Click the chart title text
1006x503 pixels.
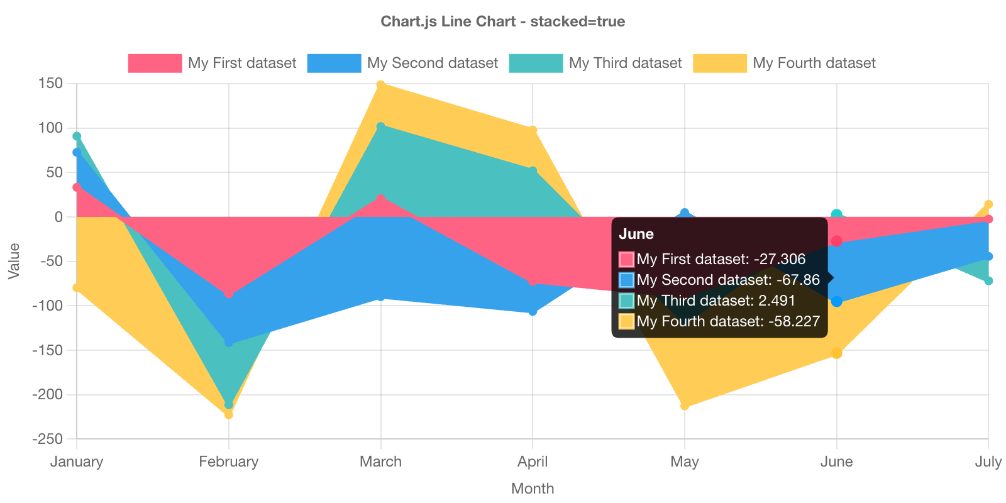pos(502,21)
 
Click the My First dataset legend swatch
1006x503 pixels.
pos(154,63)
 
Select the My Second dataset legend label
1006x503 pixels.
pos(432,63)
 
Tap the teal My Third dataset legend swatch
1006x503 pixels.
pos(535,63)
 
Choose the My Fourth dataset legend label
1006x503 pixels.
pos(814,63)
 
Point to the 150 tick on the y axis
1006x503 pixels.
pos(50,83)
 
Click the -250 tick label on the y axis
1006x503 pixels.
pos(48,439)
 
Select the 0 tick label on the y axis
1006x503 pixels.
pos(58,217)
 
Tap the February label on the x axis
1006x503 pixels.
pos(229,462)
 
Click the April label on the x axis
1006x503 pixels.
pos(533,462)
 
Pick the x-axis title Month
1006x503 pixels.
pos(533,489)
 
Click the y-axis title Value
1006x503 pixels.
pos(14,261)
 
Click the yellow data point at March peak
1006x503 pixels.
pos(380,84)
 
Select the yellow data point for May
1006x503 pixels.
pos(685,406)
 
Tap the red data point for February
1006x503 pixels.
pos(229,295)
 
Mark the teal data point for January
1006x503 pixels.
pos(77,136)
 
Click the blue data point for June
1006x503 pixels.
pos(837,302)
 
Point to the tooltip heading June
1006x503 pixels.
pos(636,234)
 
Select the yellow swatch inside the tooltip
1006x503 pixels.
pos(626,321)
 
